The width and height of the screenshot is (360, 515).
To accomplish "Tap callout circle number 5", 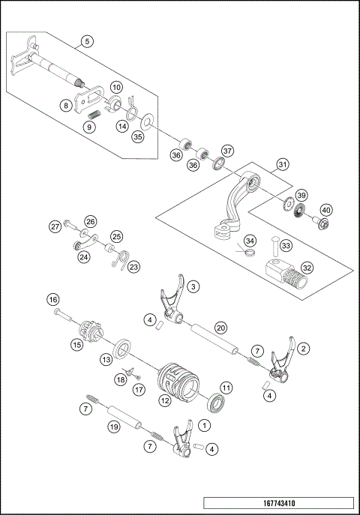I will tap(88, 42).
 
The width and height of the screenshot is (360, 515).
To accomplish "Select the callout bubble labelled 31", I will tap(282, 164).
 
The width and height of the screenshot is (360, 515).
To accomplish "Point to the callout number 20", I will tap(220, 326).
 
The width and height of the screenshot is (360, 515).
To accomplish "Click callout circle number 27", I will tap(55, 226).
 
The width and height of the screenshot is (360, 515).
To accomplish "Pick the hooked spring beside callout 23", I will tap(119, 256).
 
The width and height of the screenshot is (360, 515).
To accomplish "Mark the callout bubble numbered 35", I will tap(137, 137).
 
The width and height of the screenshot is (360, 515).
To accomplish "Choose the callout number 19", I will tap(113, 427).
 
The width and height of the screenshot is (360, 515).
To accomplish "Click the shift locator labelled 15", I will tap(91, 331).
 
